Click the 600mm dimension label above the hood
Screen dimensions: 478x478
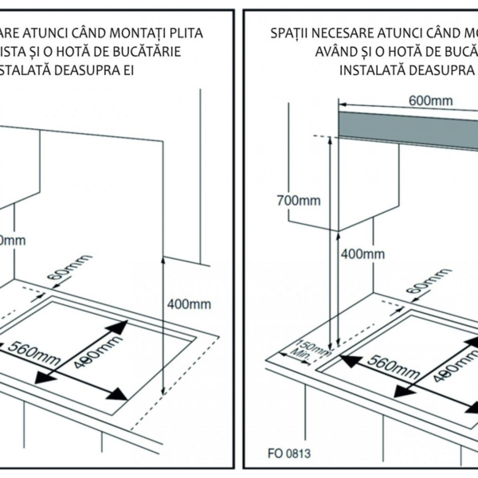[430, 101]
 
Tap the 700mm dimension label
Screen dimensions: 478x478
[298, 200]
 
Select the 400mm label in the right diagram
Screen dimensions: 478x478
[362, 254]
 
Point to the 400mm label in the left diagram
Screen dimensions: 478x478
[190, 304]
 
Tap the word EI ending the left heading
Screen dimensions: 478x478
[128, 69]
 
